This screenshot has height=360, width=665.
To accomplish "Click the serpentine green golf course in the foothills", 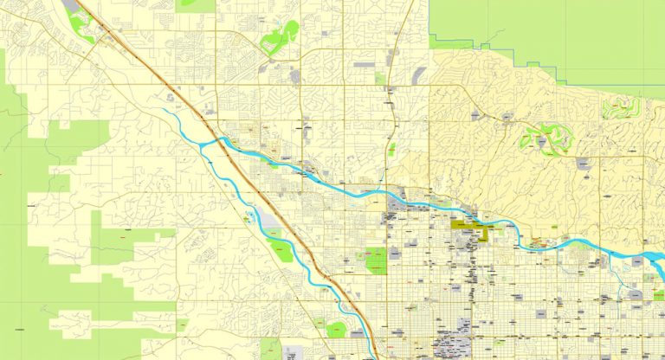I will [544, 138].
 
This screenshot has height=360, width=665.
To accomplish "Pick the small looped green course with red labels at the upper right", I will [621, 107].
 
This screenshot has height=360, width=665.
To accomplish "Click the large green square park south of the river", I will [376, 260].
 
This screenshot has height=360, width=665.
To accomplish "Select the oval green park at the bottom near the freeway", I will [336, 329].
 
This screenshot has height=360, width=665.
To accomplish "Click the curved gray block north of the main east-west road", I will [422, 76].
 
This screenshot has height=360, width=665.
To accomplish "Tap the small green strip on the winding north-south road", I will [392, 149].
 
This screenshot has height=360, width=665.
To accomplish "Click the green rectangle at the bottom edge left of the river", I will [271, 350].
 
